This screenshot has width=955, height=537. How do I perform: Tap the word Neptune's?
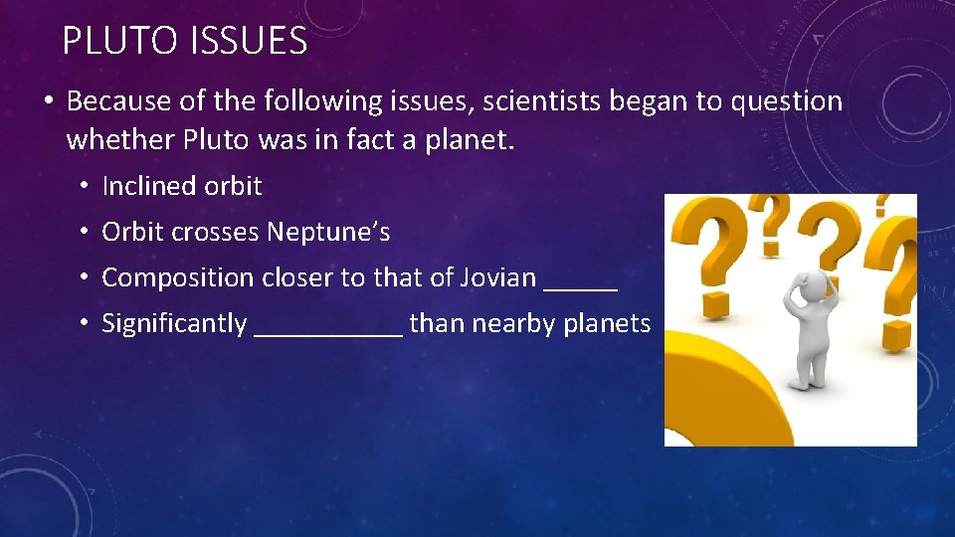click(x=328, y=233)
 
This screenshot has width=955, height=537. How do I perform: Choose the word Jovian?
click(x=497, y=277)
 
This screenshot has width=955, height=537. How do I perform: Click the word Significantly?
click(x=174, y=323)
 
